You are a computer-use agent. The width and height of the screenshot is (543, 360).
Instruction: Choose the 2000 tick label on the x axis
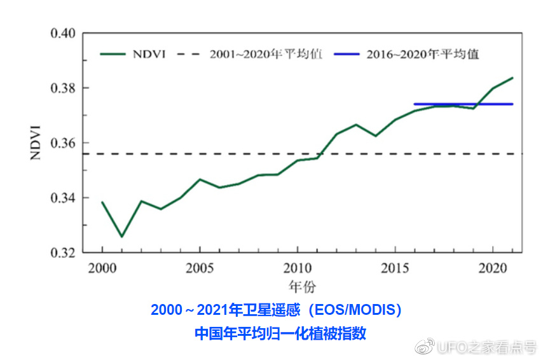click(102, 267)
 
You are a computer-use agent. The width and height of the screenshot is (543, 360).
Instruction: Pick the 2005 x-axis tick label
click(200, 267)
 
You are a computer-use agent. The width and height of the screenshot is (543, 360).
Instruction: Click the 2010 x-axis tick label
click(298, 267)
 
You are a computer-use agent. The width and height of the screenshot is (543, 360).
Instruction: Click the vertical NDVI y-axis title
click(36, 143)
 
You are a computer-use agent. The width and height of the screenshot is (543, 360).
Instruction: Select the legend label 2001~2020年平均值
click(266, 54)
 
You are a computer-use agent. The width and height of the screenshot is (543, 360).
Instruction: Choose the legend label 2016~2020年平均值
click(422, 54)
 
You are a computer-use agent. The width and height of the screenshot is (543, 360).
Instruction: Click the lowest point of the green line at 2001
click(122, 237)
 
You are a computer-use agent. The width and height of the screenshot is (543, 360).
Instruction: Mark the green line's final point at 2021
click(512, 78)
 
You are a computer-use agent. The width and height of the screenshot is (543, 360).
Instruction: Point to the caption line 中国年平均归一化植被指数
click(280, 333)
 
